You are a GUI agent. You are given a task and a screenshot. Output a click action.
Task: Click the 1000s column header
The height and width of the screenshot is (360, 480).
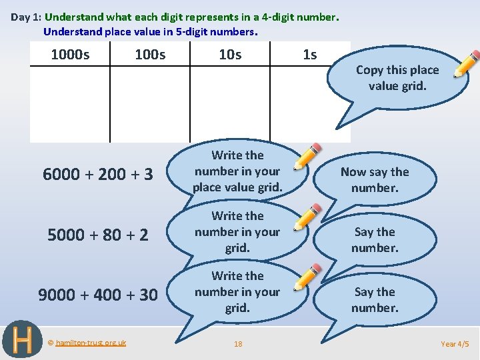point(70,55)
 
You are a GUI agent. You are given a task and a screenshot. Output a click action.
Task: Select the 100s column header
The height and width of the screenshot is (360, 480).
point(150,55)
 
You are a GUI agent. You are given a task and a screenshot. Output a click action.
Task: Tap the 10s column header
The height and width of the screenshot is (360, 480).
point(230,55)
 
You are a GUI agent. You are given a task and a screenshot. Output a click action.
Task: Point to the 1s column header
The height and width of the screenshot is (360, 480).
point(310,55)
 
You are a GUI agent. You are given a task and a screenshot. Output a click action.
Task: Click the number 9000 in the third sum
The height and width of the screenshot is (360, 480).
point(57,295)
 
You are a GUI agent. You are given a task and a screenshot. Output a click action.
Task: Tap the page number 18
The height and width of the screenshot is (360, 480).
point(238,344)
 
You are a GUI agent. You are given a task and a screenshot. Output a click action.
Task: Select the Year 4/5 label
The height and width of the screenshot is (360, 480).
point(455,344)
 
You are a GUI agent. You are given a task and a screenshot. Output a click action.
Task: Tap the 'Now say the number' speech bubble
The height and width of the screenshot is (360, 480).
point(375,179)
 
